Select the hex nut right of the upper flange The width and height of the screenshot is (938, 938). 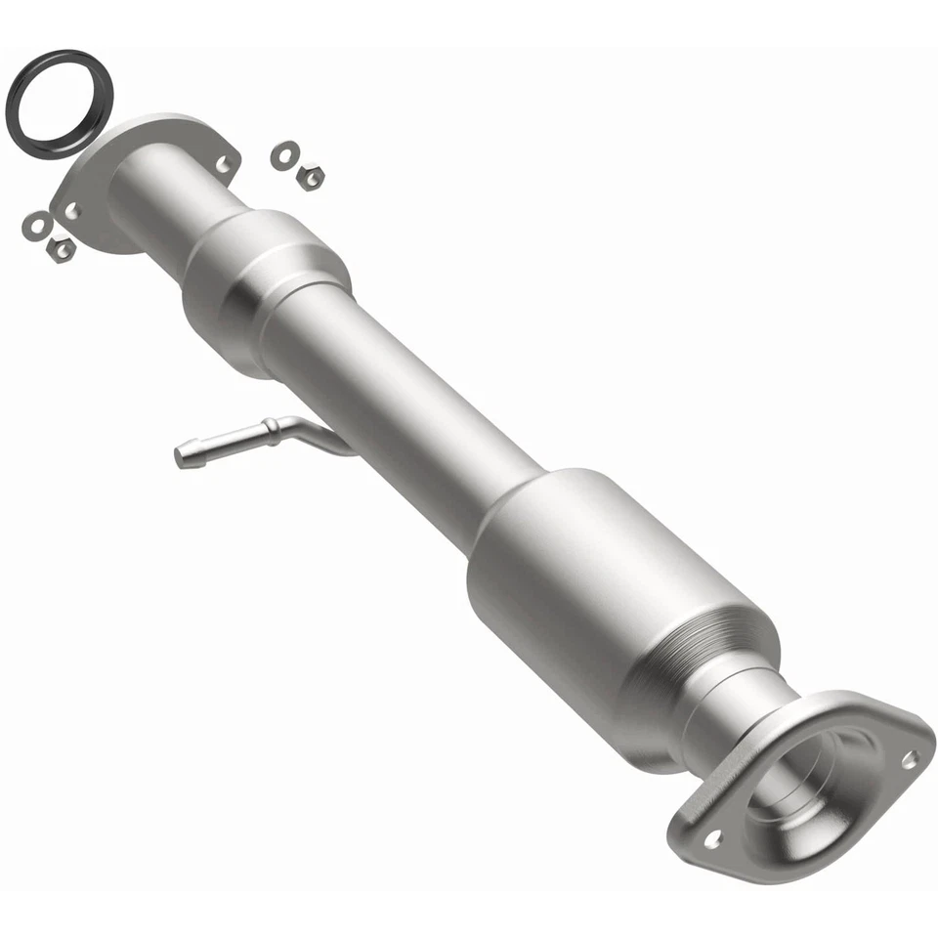coord(311,176)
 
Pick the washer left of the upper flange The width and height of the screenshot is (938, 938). coord(36,226)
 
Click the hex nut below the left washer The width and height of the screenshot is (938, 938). coord(61,249)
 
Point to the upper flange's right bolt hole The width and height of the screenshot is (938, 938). coord(225,163)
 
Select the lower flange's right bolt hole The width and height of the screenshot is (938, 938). coord(909,757)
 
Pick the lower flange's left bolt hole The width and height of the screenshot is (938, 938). coord(712,838)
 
